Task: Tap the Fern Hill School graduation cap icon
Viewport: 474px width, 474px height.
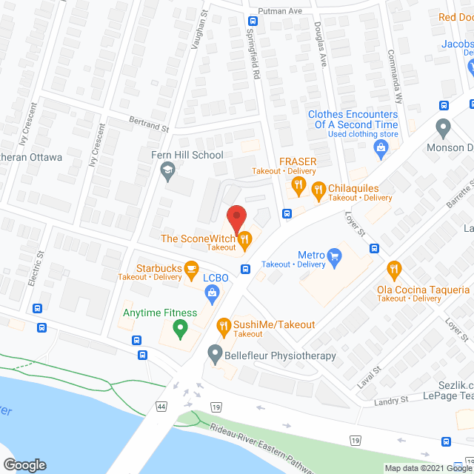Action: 168,171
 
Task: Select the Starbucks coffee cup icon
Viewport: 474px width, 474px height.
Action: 191,267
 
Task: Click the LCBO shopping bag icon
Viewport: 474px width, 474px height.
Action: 213,294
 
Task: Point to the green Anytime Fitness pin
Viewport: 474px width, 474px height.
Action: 178,327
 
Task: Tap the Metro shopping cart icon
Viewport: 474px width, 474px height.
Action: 334,256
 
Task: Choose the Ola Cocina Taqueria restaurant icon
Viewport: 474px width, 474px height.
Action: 393,267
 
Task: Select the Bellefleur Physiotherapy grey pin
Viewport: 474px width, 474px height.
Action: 216,355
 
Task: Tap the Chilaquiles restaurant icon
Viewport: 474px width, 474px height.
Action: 318,189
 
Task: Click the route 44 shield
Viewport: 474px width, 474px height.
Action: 161,407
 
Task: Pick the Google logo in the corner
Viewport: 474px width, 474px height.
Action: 24,464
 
